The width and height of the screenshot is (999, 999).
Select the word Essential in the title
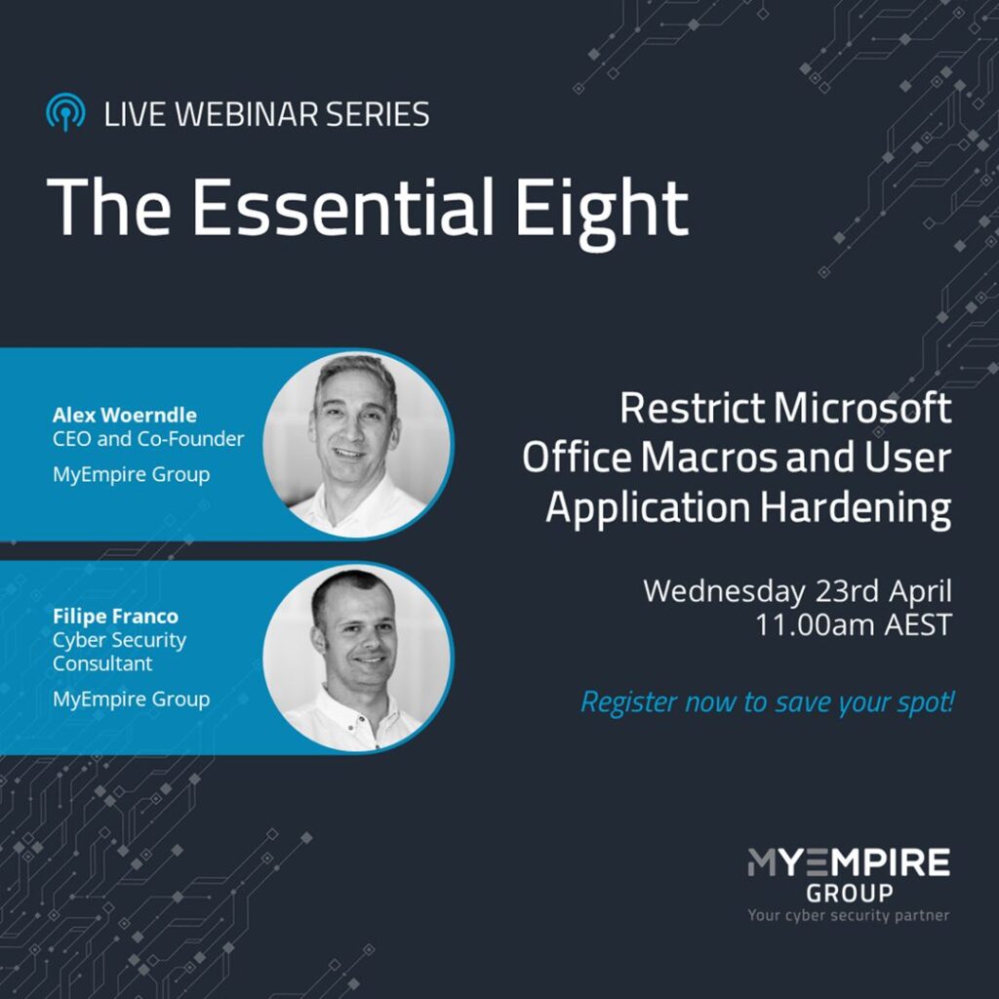(x=342, y=206)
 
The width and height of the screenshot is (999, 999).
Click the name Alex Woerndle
(x=125, y=416)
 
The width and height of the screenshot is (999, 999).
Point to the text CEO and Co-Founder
(x=148, y=439)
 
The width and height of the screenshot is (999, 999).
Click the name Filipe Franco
(x=115, y=617)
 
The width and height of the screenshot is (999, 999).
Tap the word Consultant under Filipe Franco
(x=102, y=663)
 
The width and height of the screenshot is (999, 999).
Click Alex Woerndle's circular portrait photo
(x=358, y=445)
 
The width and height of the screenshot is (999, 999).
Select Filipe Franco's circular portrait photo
(x=358, y=659)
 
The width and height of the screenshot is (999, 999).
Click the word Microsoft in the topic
(x=862, y=409)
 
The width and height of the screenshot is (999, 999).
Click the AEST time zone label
(x=918, y=625)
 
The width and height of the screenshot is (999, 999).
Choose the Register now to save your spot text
(x=768, y=702)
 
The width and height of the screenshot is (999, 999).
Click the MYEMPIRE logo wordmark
(x=849, y=862)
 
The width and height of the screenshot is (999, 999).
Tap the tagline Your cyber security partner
(x=849, y=915)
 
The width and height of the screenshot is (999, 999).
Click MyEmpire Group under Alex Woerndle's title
(x=132, y=475)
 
